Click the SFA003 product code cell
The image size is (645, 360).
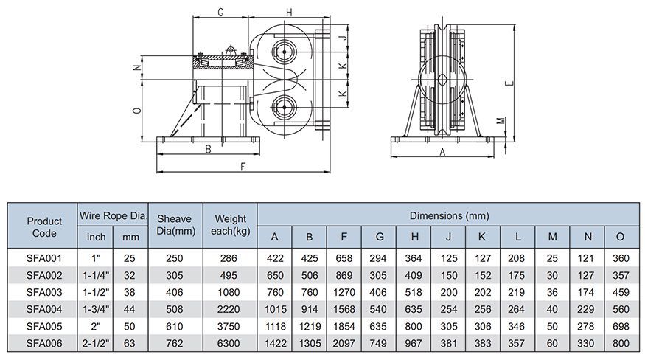[44, 292]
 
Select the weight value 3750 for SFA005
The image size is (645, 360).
[229, 326]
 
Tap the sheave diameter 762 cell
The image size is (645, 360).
[175, 343]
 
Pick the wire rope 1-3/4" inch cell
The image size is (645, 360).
[96, 309]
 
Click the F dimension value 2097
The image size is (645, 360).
[344, 343]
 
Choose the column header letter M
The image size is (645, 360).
[552, 237]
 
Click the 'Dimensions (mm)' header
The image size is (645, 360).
[449, 215]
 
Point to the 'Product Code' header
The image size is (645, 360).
[44, 227]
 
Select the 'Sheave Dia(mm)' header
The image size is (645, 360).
[175, 225]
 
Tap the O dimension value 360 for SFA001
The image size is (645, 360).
[621, 258]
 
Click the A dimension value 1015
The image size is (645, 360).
[275, 309]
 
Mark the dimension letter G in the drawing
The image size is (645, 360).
[220, 13]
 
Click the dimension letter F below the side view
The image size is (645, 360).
[243, 167]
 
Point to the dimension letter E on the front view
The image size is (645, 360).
[509, 83]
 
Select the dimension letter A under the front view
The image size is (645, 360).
[442, 152]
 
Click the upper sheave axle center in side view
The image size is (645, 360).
[284, 52]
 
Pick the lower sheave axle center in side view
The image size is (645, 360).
[284, 108]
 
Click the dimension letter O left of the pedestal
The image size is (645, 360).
[138, 111]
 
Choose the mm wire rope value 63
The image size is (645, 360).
[129, 343]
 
